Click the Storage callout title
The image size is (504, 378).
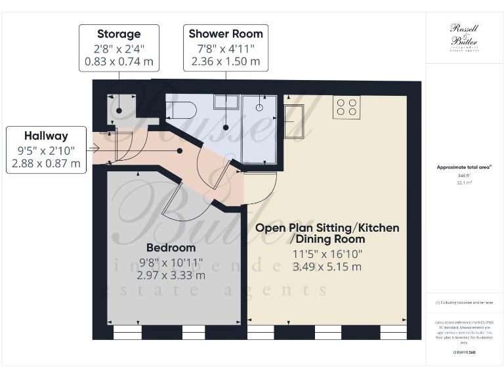119,34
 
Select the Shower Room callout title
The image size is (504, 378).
225,34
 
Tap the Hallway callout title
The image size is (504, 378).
46,136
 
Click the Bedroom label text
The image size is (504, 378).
171,248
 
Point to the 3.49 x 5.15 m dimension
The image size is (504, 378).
327,267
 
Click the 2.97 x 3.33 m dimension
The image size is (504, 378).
171,275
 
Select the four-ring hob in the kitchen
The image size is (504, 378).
346,106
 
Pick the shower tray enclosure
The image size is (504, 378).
260,129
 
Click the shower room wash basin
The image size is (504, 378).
227,100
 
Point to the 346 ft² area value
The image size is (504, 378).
463,177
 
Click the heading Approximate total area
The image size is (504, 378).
463,167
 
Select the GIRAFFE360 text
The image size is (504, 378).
463,352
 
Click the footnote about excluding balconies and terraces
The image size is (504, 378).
463,303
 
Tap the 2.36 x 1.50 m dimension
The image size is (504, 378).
225,62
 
